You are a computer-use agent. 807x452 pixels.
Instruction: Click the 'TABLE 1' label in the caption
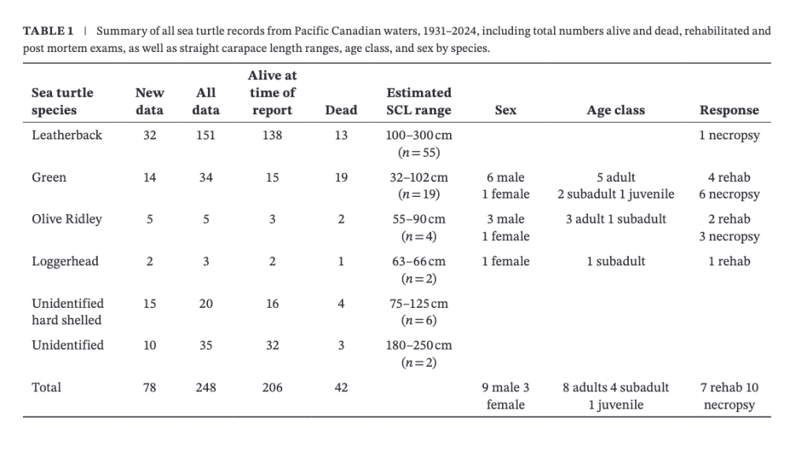48,31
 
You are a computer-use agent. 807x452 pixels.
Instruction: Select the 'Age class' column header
615,110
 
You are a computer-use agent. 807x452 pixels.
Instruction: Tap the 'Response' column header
729,110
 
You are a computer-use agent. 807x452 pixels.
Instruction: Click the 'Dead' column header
340,110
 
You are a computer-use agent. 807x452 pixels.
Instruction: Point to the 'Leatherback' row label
67,135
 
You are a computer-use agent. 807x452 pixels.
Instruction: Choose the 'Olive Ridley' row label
67,219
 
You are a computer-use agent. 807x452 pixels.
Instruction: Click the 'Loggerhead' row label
65,261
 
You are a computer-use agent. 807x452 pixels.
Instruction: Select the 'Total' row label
46,387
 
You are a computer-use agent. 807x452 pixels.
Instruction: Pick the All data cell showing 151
206,135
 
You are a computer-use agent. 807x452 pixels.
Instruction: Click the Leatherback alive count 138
272,135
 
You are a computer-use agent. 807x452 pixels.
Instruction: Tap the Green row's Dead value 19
340,177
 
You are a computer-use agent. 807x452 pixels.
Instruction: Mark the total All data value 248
206,387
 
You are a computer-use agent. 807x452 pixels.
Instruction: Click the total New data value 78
150,387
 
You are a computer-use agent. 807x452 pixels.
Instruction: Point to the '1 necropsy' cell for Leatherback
729,135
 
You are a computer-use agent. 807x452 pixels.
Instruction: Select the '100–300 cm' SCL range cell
418,135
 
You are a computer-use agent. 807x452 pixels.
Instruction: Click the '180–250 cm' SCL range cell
418,345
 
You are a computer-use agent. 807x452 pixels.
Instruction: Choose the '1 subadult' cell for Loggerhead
615,261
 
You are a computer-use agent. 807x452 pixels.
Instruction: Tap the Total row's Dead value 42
340,387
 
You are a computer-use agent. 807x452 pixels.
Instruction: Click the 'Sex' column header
505,110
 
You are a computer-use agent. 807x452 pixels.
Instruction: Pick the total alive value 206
272,387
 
